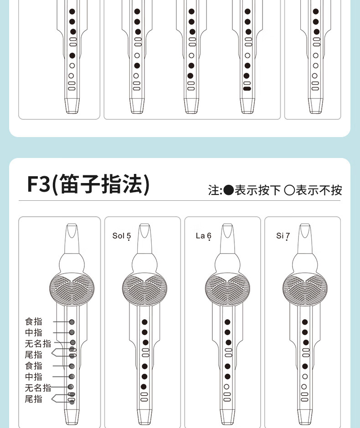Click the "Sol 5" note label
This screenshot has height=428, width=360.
122,236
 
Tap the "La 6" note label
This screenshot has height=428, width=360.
204,236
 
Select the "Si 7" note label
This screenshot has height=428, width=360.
283,236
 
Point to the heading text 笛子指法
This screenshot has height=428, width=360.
102,184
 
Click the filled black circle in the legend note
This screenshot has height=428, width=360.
229,190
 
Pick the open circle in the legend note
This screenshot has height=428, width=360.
289,190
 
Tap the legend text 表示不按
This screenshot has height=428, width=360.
319,190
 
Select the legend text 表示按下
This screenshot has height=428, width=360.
257,190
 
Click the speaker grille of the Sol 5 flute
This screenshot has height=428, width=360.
144,289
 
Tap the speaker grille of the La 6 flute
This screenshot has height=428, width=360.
227,289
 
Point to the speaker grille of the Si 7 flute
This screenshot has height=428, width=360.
305,289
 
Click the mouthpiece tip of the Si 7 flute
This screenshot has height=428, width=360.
305,225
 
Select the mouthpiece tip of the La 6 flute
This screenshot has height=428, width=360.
227,225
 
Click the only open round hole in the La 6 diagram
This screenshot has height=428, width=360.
226,387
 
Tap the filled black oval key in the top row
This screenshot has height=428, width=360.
247,89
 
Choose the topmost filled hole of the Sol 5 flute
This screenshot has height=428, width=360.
144,322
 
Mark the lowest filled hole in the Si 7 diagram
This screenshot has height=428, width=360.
305,367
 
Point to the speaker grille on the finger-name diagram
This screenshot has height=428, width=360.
72,289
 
